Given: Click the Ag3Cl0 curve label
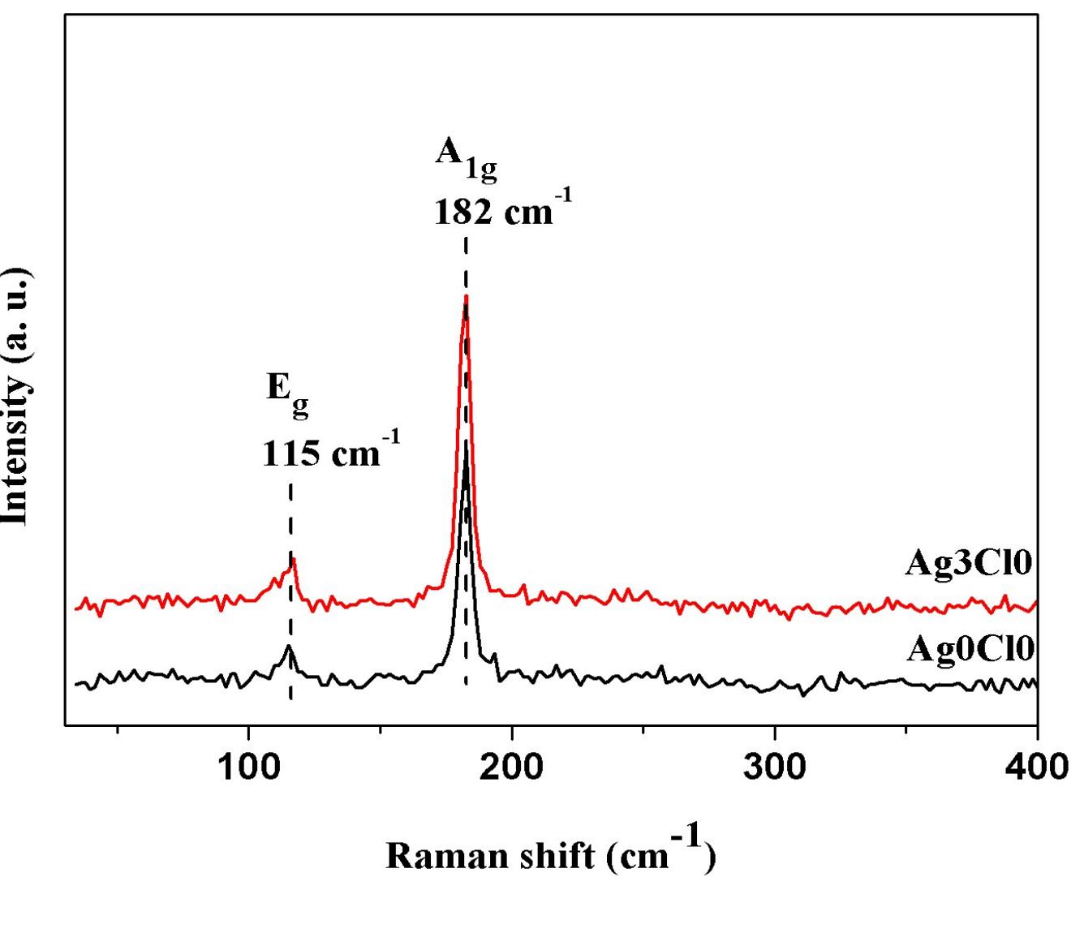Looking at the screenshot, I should [969, 563].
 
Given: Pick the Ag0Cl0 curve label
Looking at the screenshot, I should [970, 649].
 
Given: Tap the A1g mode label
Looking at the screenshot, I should [465, 157].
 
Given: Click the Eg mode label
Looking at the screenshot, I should [288, 393].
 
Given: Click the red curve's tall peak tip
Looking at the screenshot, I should [466, 299].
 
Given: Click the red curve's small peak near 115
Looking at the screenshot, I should [294, 559].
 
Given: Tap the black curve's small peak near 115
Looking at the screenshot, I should [288, 646].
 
